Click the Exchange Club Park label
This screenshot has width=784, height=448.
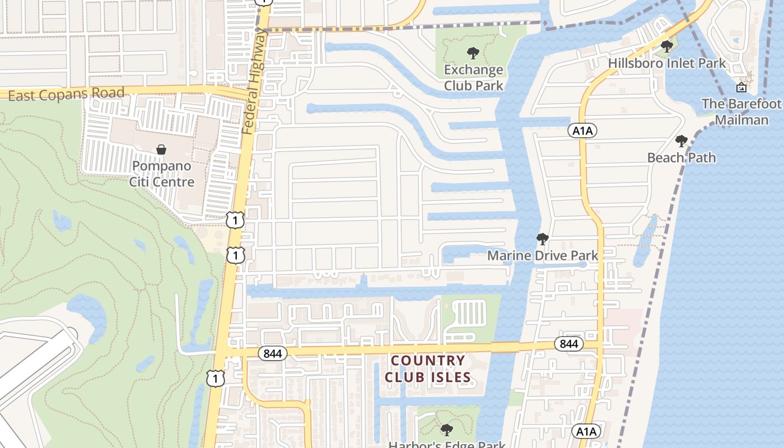point(473,78)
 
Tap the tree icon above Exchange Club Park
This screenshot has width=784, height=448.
point(473,54)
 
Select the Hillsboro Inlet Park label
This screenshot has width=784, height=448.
point(667,63)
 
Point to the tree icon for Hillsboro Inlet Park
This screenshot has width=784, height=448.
point(666,46)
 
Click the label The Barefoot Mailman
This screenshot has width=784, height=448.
point(741,112)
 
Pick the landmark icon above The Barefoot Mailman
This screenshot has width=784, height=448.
point(741,87)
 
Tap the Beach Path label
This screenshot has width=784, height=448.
point(682,157)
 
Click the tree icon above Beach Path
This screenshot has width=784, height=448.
point(681,141)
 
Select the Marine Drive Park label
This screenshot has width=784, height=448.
point(543,256)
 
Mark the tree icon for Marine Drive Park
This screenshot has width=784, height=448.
point(542,239)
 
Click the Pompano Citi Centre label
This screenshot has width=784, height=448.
point(162,174)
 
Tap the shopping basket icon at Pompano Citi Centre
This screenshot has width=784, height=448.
point(161,150)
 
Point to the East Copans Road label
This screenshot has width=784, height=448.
point(66,94)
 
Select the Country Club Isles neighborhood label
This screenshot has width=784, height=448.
point(428,368)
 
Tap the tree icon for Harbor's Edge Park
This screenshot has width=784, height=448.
point(446,430)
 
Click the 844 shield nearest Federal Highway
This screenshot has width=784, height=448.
point(273,353)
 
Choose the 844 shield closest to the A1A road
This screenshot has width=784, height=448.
point(569,344)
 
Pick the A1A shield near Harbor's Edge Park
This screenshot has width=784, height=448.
point(586,431)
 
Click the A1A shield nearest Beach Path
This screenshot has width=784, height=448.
point(582,131)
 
